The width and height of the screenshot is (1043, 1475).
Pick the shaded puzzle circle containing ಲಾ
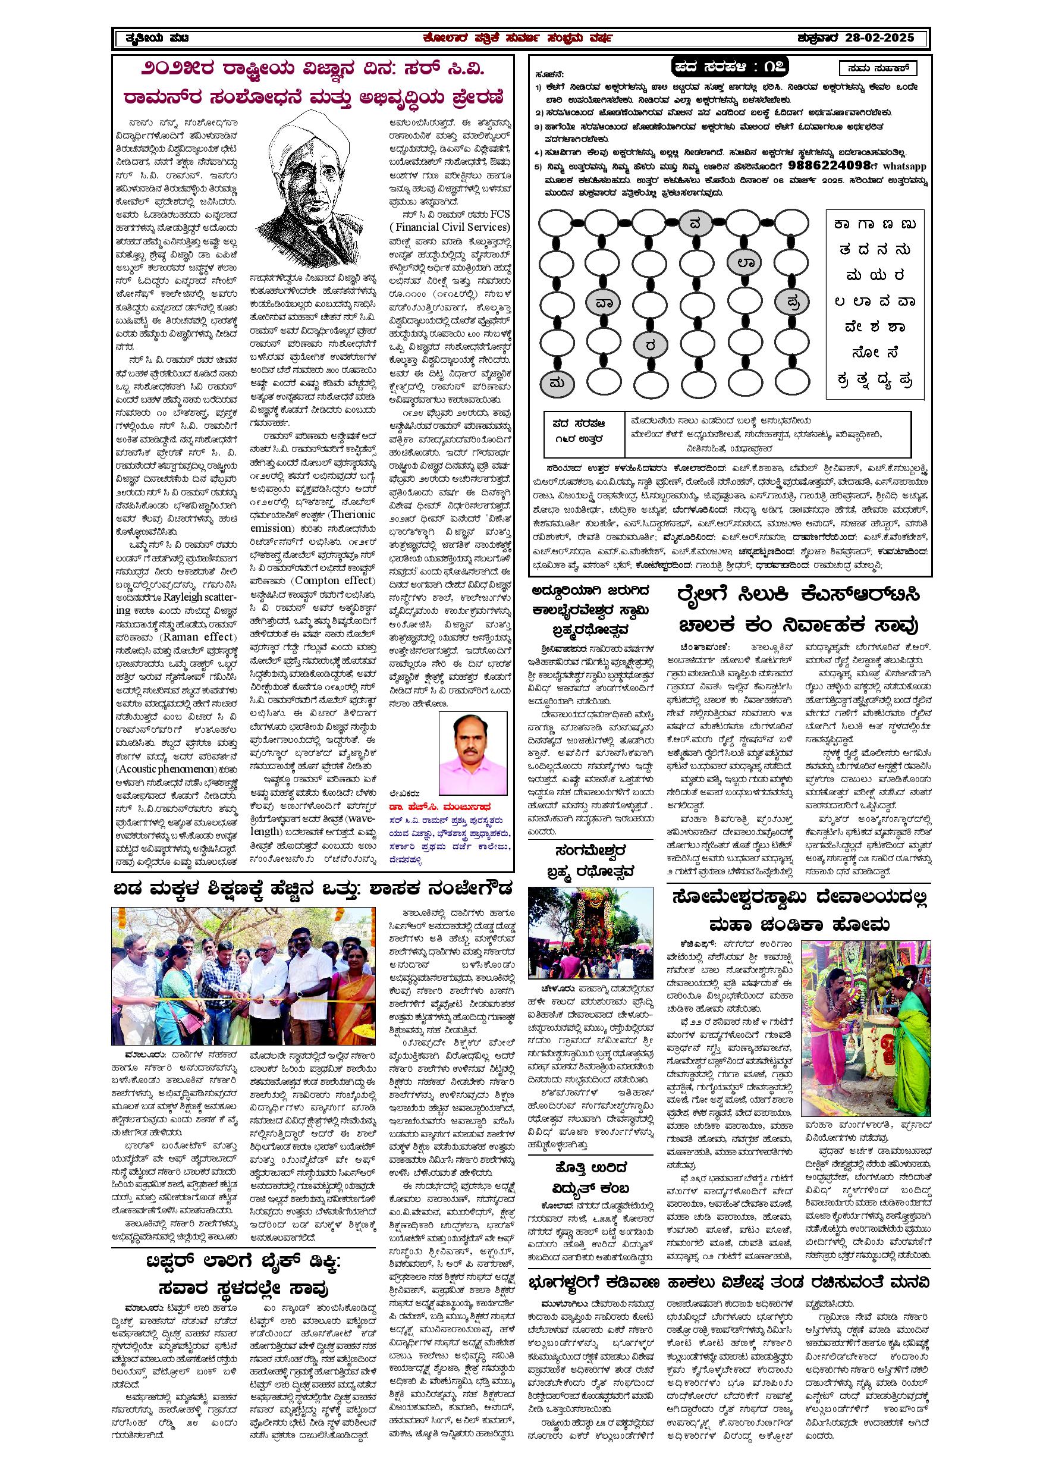point(746,262)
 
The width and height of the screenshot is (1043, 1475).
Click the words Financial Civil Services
point(450,227)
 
